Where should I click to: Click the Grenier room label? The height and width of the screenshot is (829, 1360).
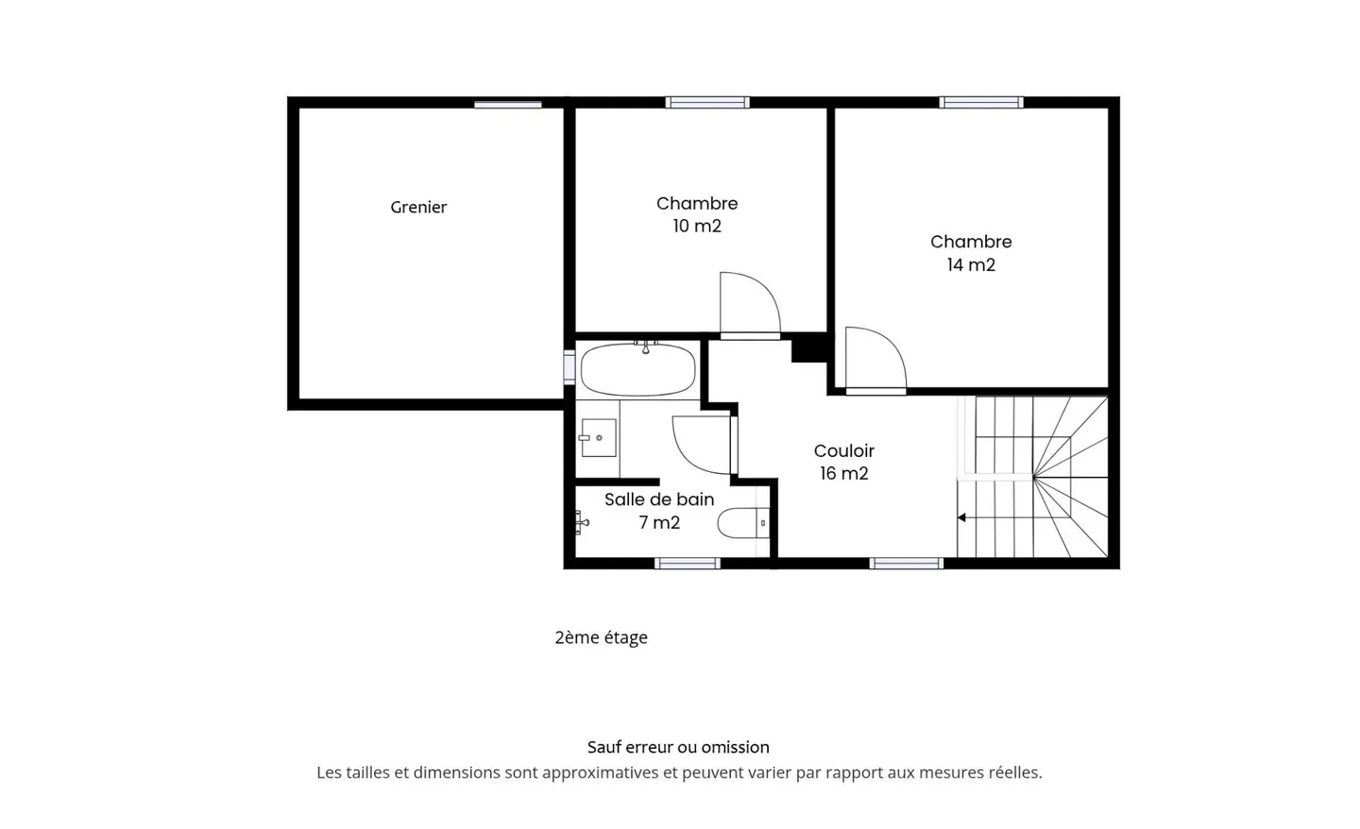coord(418,207)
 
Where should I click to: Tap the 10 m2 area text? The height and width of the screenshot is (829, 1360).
coord(697,227)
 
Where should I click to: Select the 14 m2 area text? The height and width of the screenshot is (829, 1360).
coord(971,265)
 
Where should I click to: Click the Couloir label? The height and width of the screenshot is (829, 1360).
coord(844,450)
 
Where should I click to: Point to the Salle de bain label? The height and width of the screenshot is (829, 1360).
coord(659,499)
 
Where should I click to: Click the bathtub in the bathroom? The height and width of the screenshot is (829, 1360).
coord(637,370)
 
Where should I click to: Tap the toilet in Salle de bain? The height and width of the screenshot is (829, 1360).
coord(743,522)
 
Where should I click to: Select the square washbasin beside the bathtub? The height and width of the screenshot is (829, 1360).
coord(598,438)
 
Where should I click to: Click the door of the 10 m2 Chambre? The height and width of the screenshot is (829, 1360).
coord(749,305)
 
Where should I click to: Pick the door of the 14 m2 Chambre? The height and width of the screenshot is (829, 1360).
coord(875,361)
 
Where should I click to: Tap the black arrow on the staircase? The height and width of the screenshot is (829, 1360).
coord(961,517)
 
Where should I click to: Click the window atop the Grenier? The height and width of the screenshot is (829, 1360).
coord(507,104)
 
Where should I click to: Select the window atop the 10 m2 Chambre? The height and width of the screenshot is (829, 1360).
coord(707,102)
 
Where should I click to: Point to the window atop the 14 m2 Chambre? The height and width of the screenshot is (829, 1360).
coord(980,102)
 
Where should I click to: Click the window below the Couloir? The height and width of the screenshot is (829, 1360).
coord(906,564)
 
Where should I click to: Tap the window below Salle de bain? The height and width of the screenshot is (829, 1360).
coord(688,564)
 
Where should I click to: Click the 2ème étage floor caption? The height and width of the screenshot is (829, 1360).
coord(601,637)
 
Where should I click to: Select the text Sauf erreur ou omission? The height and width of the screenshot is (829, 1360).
coord(678,747)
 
